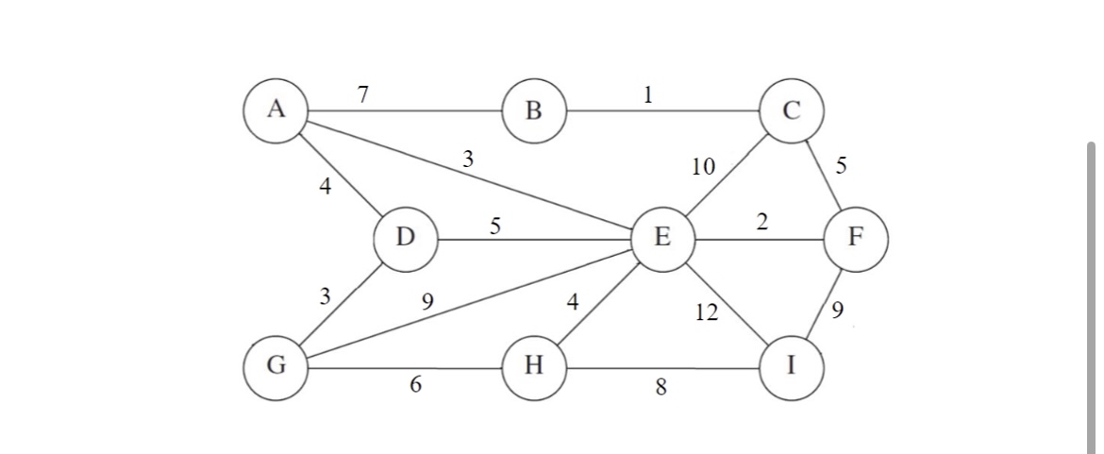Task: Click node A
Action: [x=276, y=110]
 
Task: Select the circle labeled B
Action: [x=534, y=111]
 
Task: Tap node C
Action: [x=792, y=110]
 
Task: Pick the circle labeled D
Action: [x=405, y=237]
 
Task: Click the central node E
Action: [x=662, y=237]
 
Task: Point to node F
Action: [x=855, y=237]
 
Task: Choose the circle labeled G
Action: [x=276, y=366]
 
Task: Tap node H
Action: [x=534, y=366]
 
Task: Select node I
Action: [x=791, y=366]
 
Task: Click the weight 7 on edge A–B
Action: [x=363, y=93]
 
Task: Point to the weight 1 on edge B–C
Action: [x=647, y=93]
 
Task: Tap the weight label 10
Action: [x=703, y=167]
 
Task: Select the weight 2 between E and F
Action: [x=761, y=222]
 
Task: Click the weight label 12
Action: [x=706, y=312]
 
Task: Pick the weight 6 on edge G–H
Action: [x=415, y=385]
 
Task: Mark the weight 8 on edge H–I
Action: [x=661, y=386]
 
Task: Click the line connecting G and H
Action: [x=405, y=366]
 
